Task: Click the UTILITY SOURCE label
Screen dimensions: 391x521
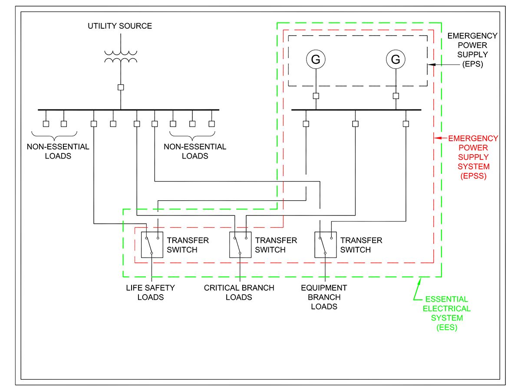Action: pyautogui.click(x=120, y=26)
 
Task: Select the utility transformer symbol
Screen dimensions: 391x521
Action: pyautogui.click(x=121, y=56)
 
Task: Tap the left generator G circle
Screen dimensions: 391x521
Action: pyautogui.click(x=316, y=60)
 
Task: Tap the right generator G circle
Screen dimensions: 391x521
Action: pyautogui.click(x=396, y=60)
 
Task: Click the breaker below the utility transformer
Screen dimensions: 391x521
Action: pyautogui.click(x=121, y=87)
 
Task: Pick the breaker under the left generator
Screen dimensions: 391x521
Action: pyautogui.click(x=316, y=96)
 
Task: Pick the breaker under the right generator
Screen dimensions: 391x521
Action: pyautogui.click(x=396, y=96)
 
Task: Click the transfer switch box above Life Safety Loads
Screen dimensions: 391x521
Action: pyautogui.click(x=152, y=245)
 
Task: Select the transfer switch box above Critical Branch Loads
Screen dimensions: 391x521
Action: pyautogui.click(x=240, y=245)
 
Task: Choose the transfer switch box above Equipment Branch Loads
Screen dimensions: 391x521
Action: pyautogui.click(x=325, y=245)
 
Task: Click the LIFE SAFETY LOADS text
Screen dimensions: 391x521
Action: pyautogui.click(x=151, y=292)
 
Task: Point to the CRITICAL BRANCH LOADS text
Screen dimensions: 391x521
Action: pyautogui.click(x=239, y=292)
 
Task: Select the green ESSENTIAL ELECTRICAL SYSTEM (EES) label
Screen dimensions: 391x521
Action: pyautogui.click(x=447, y=313)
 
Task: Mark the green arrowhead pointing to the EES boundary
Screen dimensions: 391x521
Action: pyautogui.click(x=420, y=281)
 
